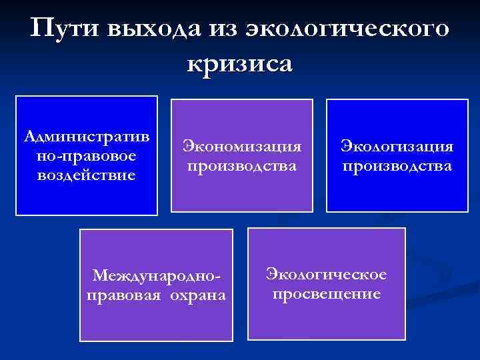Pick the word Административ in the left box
[87, 137]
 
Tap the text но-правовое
[87, 155]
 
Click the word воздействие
[87, 175]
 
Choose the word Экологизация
[397, 146]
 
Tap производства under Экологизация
[397, 165]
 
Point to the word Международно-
[156, 275]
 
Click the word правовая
[122, 295]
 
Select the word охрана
[194, 295]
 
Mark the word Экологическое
[326, 274]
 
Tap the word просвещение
[326, 293]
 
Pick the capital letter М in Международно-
[100, 275]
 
